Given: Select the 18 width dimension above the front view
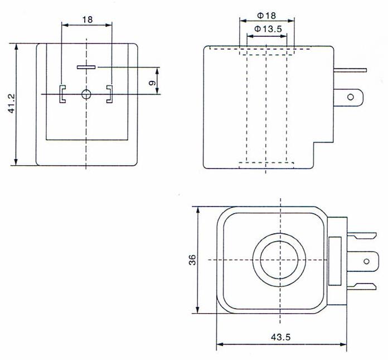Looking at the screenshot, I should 87,19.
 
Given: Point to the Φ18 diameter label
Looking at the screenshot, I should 266,16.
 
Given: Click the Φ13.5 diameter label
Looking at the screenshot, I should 266,28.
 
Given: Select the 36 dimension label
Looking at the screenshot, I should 191,260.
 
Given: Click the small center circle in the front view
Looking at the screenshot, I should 86,94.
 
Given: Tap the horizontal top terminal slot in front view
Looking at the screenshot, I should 86,68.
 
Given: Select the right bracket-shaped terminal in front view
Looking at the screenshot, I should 109,94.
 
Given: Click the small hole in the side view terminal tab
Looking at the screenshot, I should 351,97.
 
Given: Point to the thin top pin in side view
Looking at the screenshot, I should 350,70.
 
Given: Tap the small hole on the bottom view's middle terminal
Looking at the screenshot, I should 366,261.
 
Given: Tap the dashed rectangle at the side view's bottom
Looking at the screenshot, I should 266,165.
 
